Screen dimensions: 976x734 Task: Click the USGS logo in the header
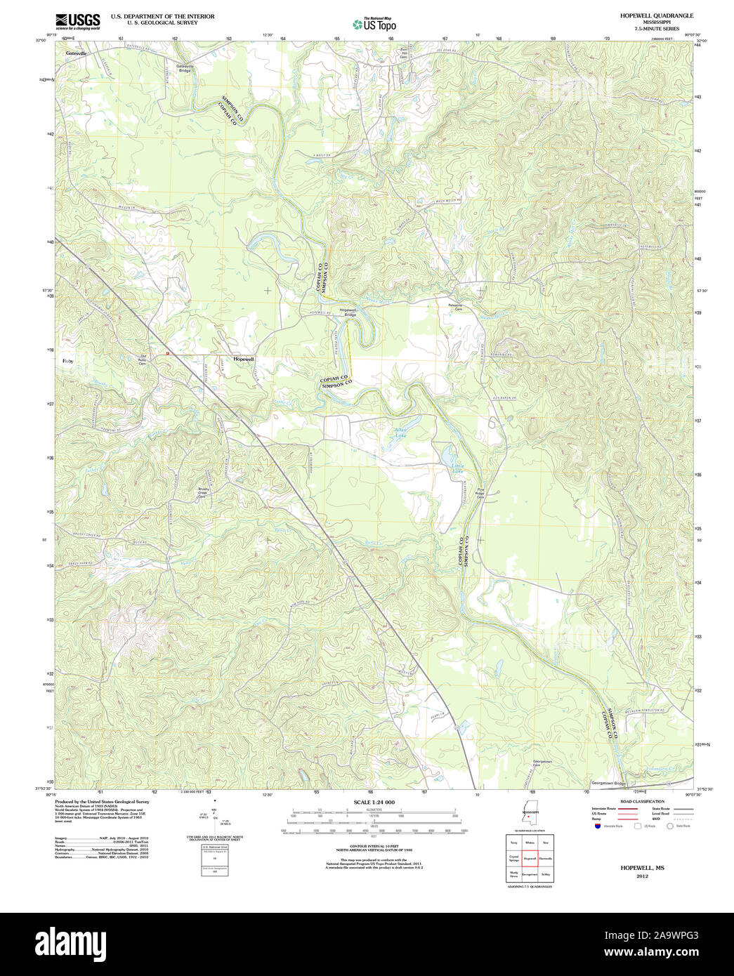tap(77, 20)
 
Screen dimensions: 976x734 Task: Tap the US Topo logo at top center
tap(374, 24)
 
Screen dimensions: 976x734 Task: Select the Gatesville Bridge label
tap(184, 68)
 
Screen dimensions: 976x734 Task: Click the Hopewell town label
tap(244, 358)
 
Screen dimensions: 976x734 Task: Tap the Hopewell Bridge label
tap(349, 312)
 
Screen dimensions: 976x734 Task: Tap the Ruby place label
tap(67, 360)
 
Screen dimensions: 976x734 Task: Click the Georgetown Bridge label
tap(608, 783)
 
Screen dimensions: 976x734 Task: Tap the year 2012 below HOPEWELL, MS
tap(642, 876)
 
